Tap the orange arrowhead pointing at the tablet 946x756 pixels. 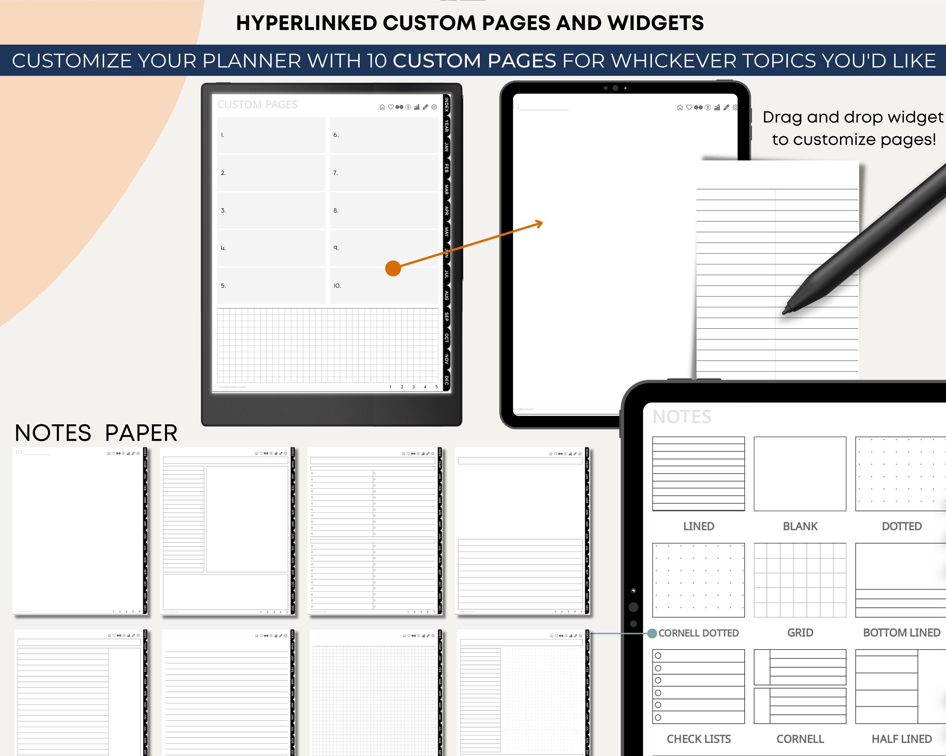[540, 224]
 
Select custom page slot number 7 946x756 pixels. [383, 173]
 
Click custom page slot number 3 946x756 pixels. [271, 211]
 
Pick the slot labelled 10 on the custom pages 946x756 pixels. [383, 286]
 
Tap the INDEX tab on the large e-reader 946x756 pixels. [446, 105]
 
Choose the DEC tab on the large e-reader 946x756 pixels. [446, 380]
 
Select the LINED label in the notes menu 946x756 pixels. [698, 526]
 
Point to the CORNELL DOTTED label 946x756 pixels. [698, 633]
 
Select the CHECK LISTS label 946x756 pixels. [698, 739]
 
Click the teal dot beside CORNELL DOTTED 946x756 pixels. [652, 633]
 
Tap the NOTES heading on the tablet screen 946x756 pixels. [681, 417]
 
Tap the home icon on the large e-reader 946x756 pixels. [382, 107]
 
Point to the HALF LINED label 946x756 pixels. [901, 739]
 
